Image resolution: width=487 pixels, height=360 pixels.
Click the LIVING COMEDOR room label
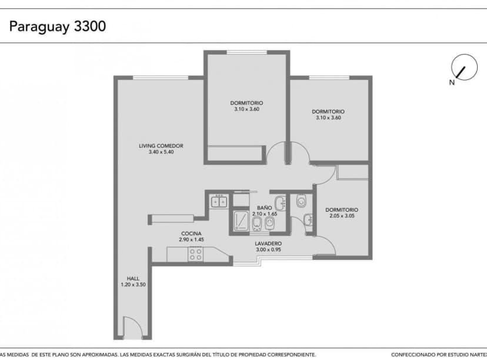tap(161, 146)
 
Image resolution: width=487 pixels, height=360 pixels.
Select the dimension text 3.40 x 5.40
tap(161, 152)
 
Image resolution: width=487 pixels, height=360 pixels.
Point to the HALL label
tap(133, 279)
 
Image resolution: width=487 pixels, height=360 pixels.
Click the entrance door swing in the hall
tap(131, 327)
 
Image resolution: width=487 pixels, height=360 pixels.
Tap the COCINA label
tap(192, 234)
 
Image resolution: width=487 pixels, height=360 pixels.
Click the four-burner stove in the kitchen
tap(195, 255)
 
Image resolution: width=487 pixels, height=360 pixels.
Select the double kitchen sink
tap(219, 202)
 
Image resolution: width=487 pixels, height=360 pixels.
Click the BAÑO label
tap(264, 208)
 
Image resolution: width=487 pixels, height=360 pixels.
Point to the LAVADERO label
tap(268, 244)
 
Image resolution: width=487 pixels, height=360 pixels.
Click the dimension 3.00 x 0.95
tap(268, 250)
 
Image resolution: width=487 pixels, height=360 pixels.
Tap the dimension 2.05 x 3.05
tap(341, 216)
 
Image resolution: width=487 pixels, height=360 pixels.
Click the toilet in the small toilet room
tap(302, 202)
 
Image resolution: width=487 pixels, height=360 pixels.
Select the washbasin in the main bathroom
tap(280, 204)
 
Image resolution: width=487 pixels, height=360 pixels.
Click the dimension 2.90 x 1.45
tap(192, 240)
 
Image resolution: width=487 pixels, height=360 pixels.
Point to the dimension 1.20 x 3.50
tap(133, 285)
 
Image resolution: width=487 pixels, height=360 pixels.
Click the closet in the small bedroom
tap(353, 172)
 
